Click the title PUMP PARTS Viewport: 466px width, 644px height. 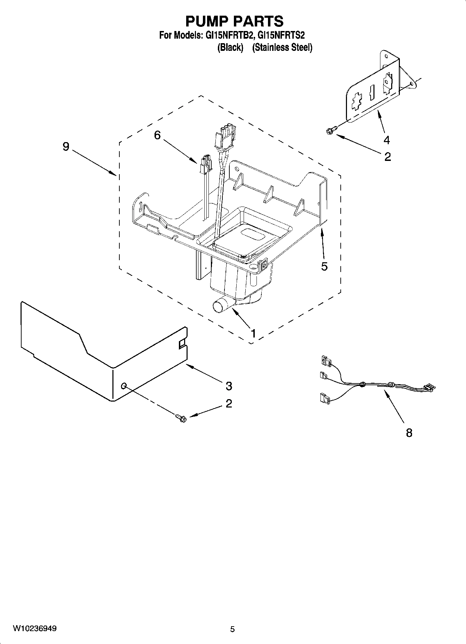pos(234,21)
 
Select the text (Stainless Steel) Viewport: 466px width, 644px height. pos(282,48)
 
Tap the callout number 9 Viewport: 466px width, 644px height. pos(66,147)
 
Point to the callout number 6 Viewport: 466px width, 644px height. pos(157,135)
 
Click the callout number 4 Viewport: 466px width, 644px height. pos(387,140)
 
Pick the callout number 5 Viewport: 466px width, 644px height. pos(324,266)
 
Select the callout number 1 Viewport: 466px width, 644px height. pos(253,333)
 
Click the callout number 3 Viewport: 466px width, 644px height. pos(229,386)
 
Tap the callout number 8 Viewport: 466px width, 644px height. pos(409,433)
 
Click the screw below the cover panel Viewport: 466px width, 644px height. pos(181,417)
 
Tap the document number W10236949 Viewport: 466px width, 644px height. pos(35,629)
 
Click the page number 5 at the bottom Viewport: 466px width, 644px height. pos(232,629)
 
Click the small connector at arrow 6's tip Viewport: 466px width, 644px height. pos(205,164)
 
